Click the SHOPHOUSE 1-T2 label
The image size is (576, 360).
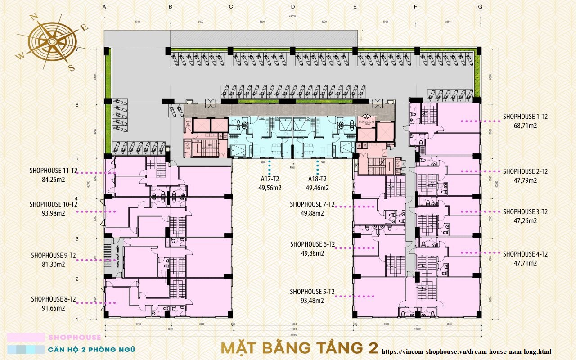tap(525, 117)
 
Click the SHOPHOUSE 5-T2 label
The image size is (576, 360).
tap(312, 292)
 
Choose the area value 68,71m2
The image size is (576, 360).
tap(525, 126)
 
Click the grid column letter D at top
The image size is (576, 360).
tap(292, 7)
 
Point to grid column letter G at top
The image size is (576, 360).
tap(480, 7)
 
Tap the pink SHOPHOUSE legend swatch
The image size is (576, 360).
tap(26, 337)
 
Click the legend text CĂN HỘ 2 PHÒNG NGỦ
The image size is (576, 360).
tap(91, 349)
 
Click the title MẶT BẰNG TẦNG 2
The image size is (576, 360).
tap(299, 348)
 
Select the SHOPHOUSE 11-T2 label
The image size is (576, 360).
tap(53, 171)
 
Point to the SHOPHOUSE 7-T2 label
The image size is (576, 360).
tap(312, 204)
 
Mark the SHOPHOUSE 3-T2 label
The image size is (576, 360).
tap(525, 211)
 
